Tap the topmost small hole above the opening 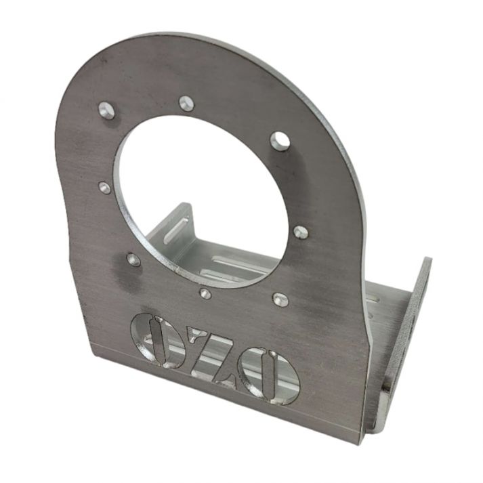(x=187, y=103)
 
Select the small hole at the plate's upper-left (x=107, y=111)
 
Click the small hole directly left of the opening (x=104, y=187)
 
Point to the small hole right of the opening (x=301, y=232)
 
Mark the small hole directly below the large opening (x=205, y=293)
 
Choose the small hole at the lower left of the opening (x=133, y=259)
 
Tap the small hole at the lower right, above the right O (x=281, y=299)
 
